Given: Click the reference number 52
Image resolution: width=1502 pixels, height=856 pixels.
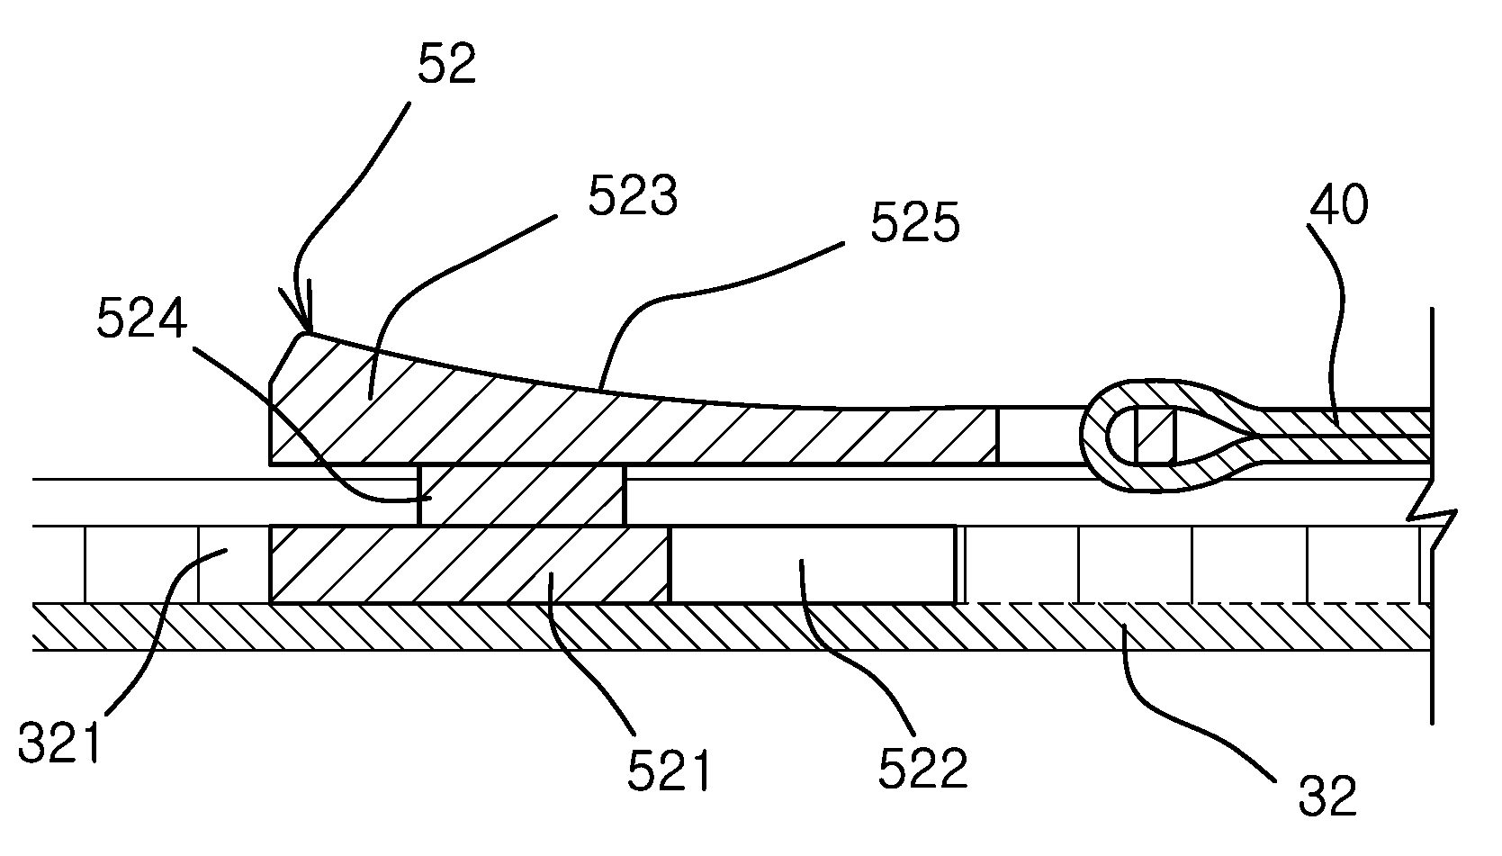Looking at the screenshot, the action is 446,63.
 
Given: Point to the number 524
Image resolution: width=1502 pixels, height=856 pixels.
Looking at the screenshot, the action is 141,318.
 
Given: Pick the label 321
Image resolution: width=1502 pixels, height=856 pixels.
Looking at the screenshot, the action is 59,742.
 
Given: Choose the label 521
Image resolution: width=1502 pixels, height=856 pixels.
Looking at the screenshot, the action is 668,770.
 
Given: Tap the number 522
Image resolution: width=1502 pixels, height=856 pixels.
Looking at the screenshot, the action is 922,768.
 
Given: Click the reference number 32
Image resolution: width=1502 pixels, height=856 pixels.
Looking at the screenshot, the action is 1327,795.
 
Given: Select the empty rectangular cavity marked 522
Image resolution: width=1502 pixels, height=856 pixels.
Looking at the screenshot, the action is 813,564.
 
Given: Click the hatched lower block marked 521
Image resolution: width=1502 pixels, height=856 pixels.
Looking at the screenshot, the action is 470,564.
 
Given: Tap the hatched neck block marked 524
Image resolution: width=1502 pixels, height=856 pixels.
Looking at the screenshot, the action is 521,495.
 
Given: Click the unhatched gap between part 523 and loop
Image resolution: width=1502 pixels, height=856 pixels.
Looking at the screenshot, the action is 1039,436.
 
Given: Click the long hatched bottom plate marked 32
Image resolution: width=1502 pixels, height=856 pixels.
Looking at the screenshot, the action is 731,626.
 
